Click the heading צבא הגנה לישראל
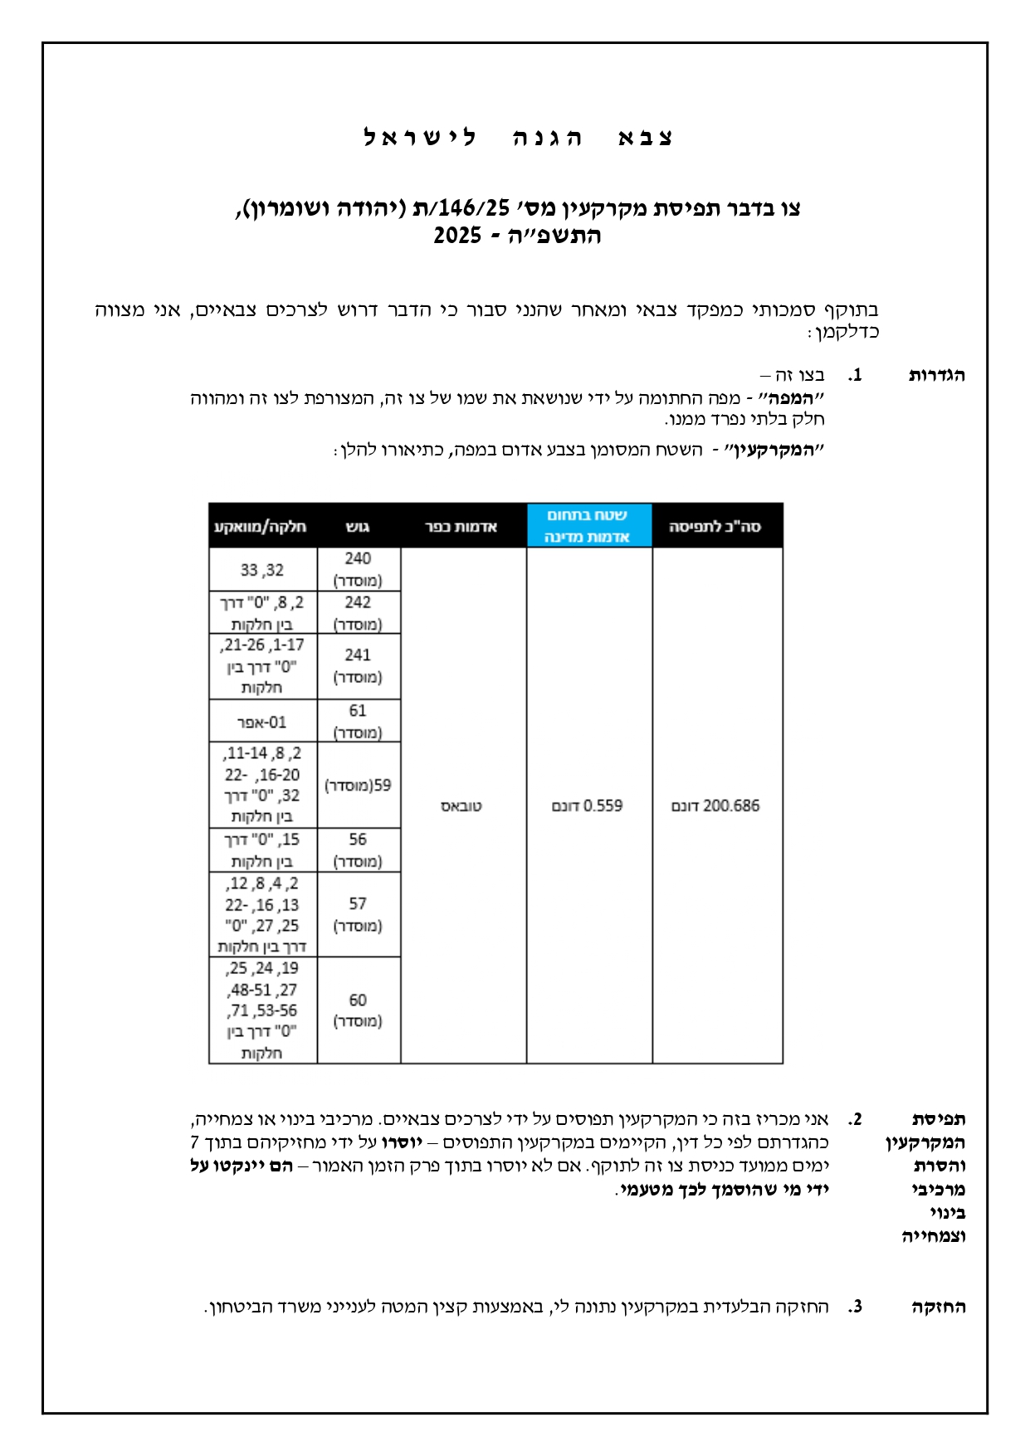(518, 138)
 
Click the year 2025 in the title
(457, 236)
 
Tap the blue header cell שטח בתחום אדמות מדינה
(588, 526)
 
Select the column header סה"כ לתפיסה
(715, 527)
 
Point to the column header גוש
(358, 527)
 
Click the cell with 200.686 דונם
(715, 806)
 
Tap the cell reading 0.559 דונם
(588, 806)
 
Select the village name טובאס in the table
(461, 806)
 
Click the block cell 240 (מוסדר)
(358, 569)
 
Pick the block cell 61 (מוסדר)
(358, 721)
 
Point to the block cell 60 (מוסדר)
(358, 1010)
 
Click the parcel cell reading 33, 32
(262, 570)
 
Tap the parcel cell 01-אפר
(262, 722)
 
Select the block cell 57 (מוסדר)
(358, 913)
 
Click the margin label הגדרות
(937, 375)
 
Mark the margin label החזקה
(938, 1307)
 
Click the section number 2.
(856, 1119)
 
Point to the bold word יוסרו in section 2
(402, 1142)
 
